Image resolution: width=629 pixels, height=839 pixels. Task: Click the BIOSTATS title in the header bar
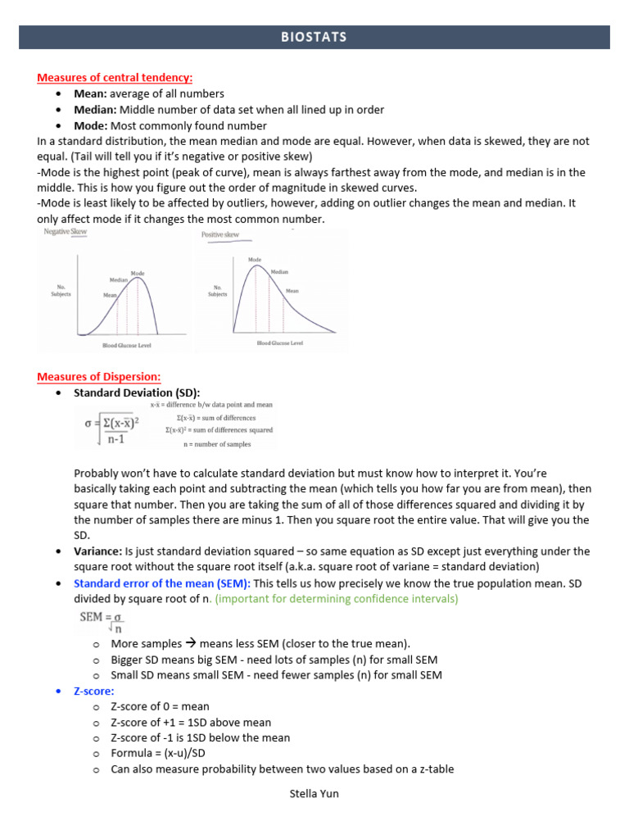click(314, 37)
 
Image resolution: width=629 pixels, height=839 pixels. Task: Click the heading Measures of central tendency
click(115, 78)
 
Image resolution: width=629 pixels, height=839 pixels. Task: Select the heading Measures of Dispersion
click(98, 377)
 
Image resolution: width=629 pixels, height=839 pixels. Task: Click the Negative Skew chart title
click(65, 233)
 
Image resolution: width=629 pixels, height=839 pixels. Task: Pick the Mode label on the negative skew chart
click(138, 273)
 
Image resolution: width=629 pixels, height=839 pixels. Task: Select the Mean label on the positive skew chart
click(292, 291)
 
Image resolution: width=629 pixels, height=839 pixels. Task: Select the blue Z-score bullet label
click(94, 691)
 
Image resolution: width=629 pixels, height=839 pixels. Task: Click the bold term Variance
click(97, 551)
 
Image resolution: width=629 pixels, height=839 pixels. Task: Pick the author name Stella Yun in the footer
click(314, 794)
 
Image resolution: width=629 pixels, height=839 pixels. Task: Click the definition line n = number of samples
click(217, 444)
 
